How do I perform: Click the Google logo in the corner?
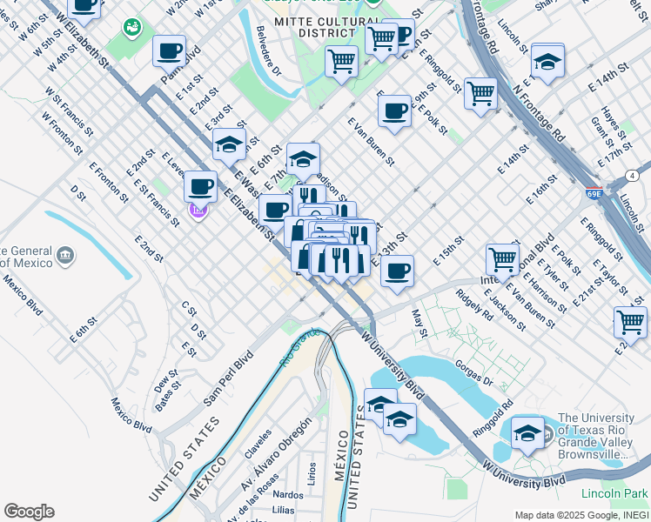click(x=29, y=512)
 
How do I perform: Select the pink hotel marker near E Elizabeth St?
click(x=198, y=210)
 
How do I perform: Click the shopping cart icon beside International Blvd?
click(x=503, y=258)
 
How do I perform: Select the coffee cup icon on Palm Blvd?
click(x=169, y=50)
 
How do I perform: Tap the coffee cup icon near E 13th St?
click(x=397, y=269)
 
